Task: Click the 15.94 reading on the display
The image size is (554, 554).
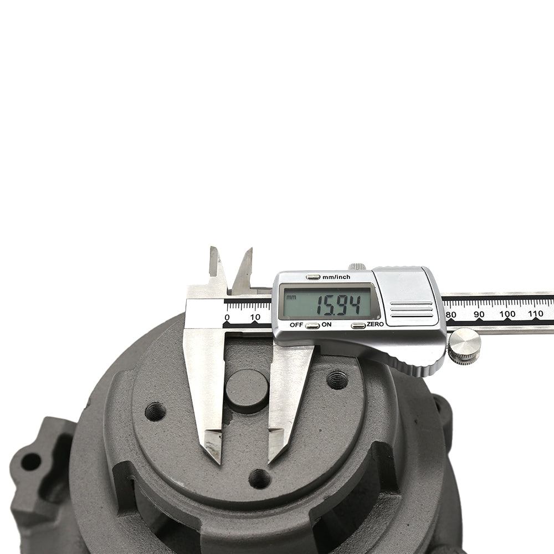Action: [338, 305]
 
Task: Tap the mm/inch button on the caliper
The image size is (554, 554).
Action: [313, 277]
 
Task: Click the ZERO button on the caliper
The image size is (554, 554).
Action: [358, 325]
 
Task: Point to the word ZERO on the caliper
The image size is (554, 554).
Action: [375, 324]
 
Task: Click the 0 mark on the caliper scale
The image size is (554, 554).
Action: [227, 317]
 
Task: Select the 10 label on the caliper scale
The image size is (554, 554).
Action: [255, 317]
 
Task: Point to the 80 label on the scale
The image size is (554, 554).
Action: [451, 314]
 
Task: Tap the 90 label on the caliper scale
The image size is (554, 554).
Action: [479, 314]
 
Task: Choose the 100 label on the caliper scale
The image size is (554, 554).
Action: [507, 314]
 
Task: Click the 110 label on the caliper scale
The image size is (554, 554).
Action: [535, 314]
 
